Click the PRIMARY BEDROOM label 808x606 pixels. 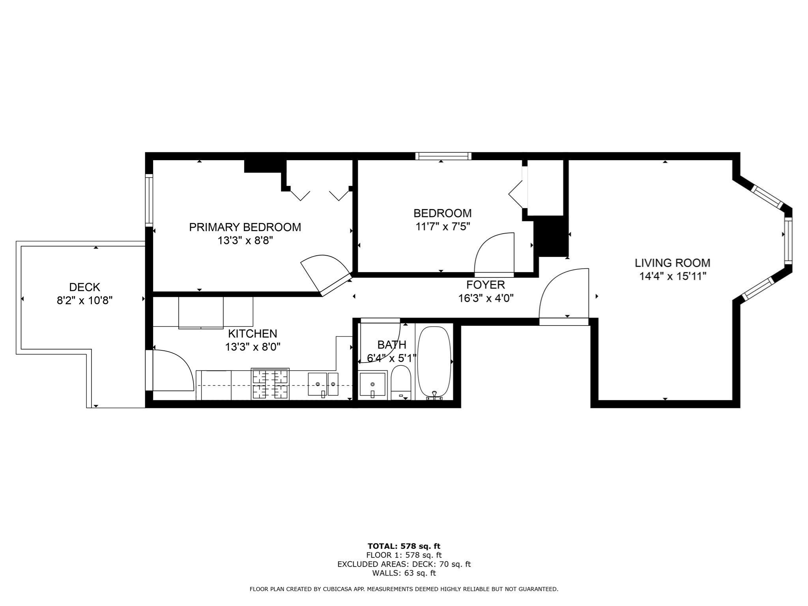[245, 227]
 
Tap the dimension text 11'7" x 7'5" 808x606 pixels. [442, 227]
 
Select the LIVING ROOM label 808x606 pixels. [672, 263]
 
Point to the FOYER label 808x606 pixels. [485, 284]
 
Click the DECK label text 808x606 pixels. [84, 287]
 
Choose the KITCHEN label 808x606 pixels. [252, 334]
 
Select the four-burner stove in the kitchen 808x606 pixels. [270, 384]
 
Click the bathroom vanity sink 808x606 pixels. [372, 384]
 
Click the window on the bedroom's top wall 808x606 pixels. [443, 156]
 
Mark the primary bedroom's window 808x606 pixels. [149, 200]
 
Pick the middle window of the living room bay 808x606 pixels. [788, 240]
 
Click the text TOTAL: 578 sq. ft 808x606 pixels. [404, 546]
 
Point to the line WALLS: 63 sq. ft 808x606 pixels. [404, 573]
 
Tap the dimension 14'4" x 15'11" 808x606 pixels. [672, 276]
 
